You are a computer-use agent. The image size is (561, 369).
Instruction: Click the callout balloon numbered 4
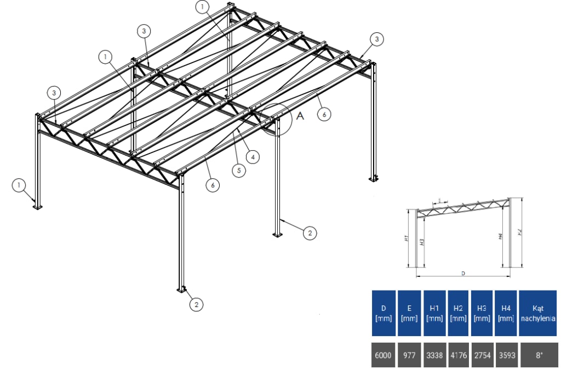252,157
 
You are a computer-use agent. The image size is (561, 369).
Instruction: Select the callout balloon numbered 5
238,170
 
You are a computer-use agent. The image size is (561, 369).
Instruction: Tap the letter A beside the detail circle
299,116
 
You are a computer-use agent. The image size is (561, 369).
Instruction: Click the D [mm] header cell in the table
383,313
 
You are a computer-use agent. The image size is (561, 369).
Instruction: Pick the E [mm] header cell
409,313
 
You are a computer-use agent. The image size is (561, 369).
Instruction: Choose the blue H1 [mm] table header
434,313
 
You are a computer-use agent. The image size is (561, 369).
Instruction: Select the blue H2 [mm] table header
458,313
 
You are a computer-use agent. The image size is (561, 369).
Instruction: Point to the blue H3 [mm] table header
482,313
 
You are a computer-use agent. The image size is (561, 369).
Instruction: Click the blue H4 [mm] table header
506,313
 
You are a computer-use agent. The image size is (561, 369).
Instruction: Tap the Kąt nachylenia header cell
539,313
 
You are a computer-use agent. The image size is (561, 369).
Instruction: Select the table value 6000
383,355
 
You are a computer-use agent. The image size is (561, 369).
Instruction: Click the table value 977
409,355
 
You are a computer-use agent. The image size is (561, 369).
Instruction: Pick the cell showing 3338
434,355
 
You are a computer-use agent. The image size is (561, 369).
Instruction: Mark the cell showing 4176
458,355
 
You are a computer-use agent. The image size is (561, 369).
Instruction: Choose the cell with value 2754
482,355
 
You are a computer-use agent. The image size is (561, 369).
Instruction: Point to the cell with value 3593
506,355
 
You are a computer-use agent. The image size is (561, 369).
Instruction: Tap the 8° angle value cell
539,355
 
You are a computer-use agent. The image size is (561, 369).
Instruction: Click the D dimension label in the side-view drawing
463,273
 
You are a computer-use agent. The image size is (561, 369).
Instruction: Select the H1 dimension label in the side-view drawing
408,239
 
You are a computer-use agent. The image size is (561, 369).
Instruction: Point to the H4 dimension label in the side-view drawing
500,236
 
